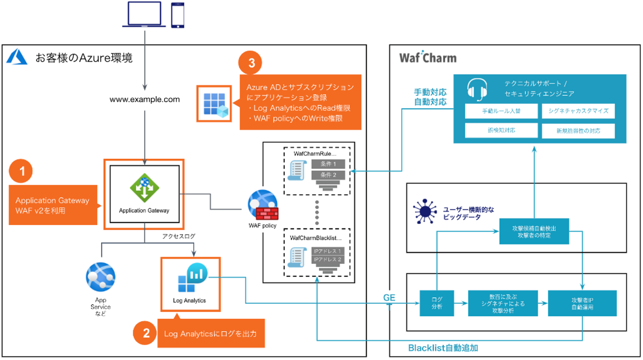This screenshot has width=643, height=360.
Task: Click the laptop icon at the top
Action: click(x=144, y=14)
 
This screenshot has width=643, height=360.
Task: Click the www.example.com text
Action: click(x=145, y=99)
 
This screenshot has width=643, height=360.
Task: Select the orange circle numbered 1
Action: click(x=21, y=172)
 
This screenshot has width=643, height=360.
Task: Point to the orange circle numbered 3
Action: click(x=250, y=64)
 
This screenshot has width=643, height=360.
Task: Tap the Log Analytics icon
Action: click(x=190, y=280)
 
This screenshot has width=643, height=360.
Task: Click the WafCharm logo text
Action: click(x=427, y=58)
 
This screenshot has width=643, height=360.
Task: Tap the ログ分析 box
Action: click(x=436, y=303)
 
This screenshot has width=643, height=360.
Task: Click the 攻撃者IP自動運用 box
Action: click(x=582, y=303)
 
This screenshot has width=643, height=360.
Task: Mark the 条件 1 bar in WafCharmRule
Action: click(x=328, y=164)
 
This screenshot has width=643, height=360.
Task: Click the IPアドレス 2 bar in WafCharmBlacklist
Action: click(x=328, y=259)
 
